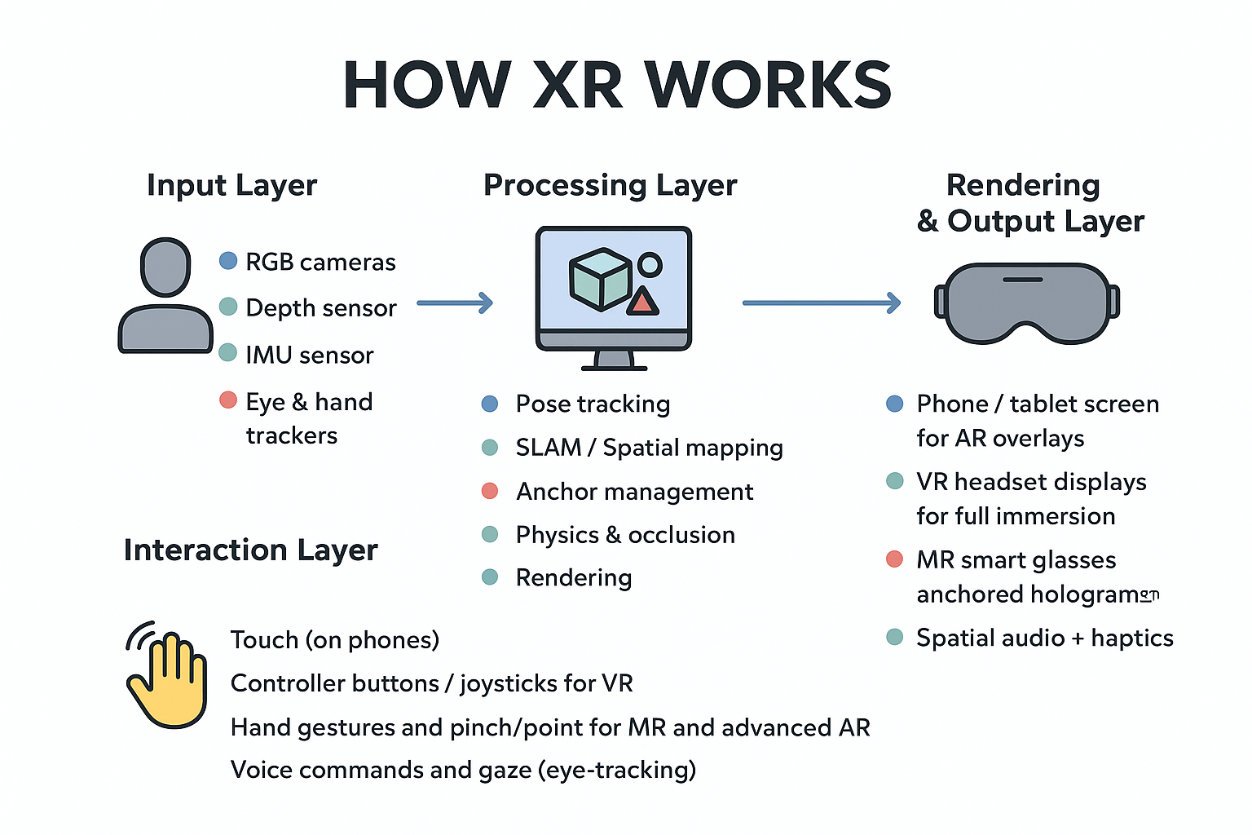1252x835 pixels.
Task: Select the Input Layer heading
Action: click(x=231, y=186)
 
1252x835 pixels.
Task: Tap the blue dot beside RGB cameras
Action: click(x=228, y=261)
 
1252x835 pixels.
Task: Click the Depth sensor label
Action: click(x=320, y=308)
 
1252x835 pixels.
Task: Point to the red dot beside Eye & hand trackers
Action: click(x=228, y=400)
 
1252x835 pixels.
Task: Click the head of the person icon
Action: click(x=165, y=267)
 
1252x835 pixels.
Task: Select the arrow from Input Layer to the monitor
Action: click(x=455, y=303)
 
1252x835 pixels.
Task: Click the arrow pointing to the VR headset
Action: click(x=821, y=303)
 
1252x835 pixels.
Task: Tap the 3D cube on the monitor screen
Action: click(x=599, y=279)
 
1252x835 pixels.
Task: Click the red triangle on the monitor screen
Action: click(x=642, y=302)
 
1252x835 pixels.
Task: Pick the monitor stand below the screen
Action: click(x=614, y=360)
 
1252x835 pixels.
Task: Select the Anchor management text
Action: click(x=634, y=492)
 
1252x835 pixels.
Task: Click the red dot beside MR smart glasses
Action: click(x=894, y=559)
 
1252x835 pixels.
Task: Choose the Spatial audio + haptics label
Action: click(x=1044, y=638)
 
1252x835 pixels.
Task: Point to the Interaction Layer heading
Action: click(x=250, y=550)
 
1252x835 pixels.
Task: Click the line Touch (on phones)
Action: click(x=334, y=640)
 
